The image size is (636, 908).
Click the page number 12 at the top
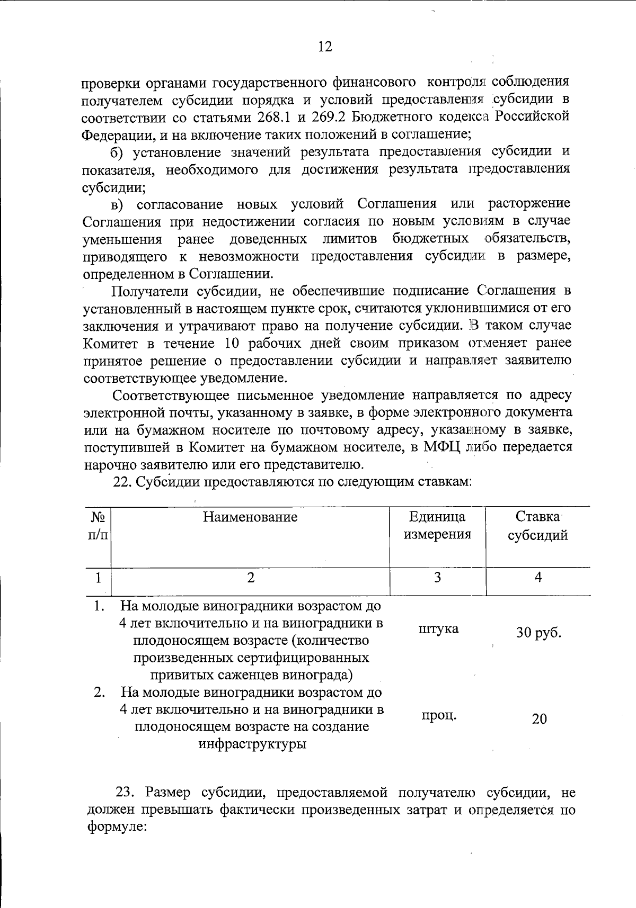[x=325, y=47]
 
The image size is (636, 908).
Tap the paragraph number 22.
[x=123, y=482]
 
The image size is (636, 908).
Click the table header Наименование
[x=250, y=517]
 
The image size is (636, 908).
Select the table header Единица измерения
[x=437, y=525]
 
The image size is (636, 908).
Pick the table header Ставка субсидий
[x=538, y=525]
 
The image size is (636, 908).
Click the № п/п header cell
[x=98, y=525]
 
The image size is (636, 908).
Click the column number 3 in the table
[x=437, y=578]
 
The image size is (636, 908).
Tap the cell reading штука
[x=438, y=630]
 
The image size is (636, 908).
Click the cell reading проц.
[x=439, y=716]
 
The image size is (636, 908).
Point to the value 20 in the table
[x=539, y=719]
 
